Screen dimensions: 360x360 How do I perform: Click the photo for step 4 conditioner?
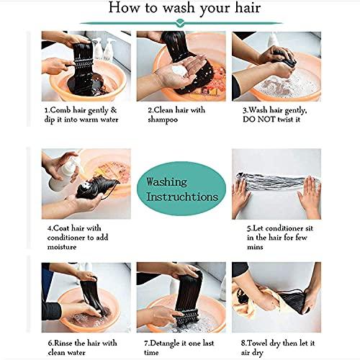85,181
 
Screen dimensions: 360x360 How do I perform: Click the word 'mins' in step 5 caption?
252,247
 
